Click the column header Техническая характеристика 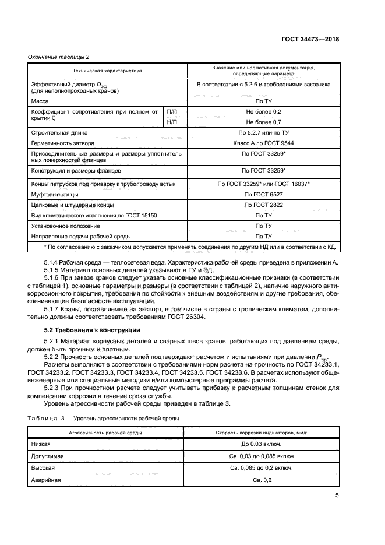(107, 71)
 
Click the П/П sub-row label (174, 111)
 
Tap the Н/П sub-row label (174, 122)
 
